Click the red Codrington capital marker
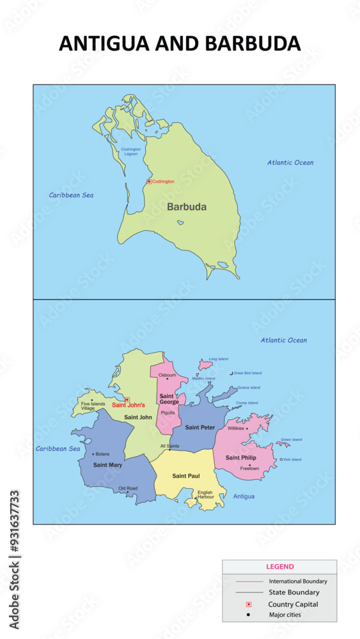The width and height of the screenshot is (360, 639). pos(149,181)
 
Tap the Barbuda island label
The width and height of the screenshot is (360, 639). pos(187,207)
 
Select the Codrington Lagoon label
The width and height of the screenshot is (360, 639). pos(130,151)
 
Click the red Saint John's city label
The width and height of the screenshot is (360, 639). pos(129,404)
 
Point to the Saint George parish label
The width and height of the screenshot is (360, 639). pos(169,399)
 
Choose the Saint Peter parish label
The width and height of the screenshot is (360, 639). pos(200,427)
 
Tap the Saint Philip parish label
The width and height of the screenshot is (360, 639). pos(241,458)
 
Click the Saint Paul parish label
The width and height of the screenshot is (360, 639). pos(186,476)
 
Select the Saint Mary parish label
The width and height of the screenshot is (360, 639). pos(107,465)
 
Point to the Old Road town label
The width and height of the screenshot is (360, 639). pos(128,488)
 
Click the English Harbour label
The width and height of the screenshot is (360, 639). pos(205,495)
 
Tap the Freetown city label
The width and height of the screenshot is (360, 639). pos(249,468)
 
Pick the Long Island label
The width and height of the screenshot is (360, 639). pos(218,359)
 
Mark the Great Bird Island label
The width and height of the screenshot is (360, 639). pos(247,373)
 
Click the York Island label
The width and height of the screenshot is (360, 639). pos(292,459)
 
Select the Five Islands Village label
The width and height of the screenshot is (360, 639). pos(93,406)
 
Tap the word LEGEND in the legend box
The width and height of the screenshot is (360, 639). pos(280,567)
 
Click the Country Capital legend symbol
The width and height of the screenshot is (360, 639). pos(249,604)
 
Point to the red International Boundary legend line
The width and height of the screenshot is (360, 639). pos(249,581)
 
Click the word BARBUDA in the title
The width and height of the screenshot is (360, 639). pos(253,43)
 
